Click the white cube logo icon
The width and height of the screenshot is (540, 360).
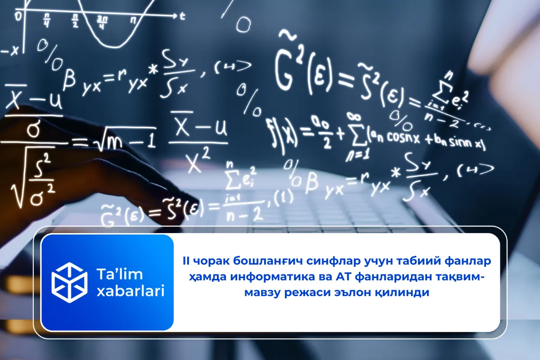[x=69, y=282]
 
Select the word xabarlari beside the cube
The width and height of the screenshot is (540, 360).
[x=130, y=291]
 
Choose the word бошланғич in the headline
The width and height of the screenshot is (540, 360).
[x=254, y=261]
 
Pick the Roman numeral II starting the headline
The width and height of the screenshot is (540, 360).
[x=186, y=261]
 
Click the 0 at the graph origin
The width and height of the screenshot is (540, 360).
[x=18, y=17]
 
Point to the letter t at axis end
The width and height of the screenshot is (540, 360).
[x=182, y=16]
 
